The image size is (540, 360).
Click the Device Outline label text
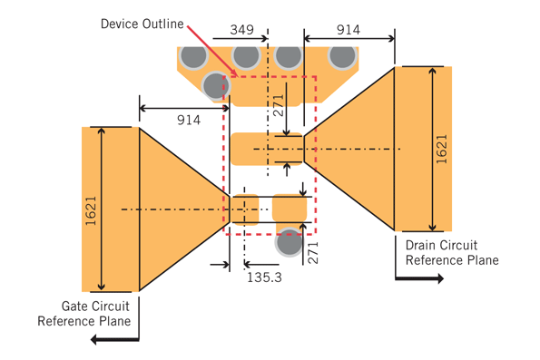click(x=142, y=24)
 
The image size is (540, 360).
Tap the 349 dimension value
click(x=241, y=30)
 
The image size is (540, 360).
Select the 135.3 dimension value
click(x=264, y=277)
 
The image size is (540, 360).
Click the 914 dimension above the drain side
click(x=349, y=30)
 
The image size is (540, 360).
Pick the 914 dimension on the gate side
click(x=189, y=120)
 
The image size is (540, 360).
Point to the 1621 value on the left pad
click(x=91, y=211)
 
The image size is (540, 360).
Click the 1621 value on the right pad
click(x=441, y=149)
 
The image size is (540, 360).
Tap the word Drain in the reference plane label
click(x=421, y=245)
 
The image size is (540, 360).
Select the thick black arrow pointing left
click(x=114, y=340)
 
